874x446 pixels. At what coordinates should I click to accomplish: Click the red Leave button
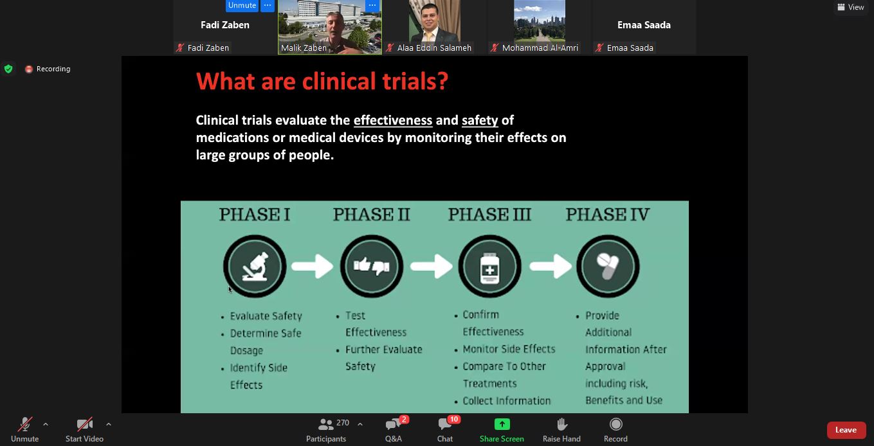coord(846,430)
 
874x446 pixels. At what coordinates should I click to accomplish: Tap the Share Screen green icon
coord(502,424)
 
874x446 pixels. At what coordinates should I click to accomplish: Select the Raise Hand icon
coord(561,424)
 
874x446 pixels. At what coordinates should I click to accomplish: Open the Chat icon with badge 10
coord(445,424)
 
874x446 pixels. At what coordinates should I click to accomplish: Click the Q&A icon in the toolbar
coord(394,424)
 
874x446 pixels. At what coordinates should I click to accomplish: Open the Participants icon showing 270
coord(325,424)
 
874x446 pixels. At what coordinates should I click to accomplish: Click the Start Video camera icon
coord(84,424)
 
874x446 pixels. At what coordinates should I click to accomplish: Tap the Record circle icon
coord(615,424)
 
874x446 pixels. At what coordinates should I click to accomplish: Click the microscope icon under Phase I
coord(255,267)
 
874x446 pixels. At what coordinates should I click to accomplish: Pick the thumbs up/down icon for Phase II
coord(372,266)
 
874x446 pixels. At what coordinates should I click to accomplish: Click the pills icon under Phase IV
coord(608,266)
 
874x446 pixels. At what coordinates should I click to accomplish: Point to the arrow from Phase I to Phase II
coord(312,267)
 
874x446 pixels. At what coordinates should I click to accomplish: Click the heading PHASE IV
coord(608,215)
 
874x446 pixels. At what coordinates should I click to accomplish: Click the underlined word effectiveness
coord(393,120)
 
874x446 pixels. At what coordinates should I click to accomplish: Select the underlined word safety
coord(480,120)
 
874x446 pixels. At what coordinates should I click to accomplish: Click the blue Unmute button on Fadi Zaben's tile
coord(242,5)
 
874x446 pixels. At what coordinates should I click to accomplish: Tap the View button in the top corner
coord(851,7)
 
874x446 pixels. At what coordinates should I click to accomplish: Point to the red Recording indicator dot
coord(28,69)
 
